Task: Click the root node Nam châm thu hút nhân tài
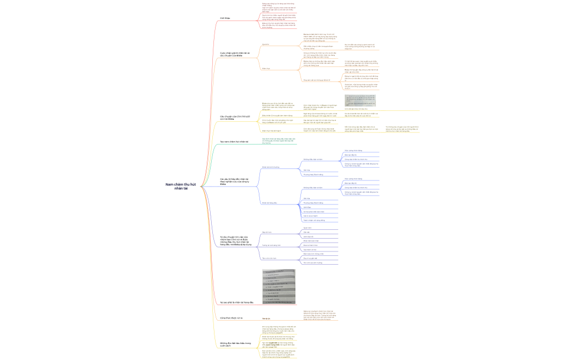click(176, 186)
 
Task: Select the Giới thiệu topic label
click(225, 18)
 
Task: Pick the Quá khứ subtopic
click(266, 44)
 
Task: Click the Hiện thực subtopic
click(266, 69)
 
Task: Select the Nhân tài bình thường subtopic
click(270, 167)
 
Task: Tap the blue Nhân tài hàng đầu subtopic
click(269, 203)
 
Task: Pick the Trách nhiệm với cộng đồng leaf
click(314, 220)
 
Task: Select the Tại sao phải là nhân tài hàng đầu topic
click(237, 302)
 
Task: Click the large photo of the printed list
click(279, 287)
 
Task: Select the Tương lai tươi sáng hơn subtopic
click(272, 245)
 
